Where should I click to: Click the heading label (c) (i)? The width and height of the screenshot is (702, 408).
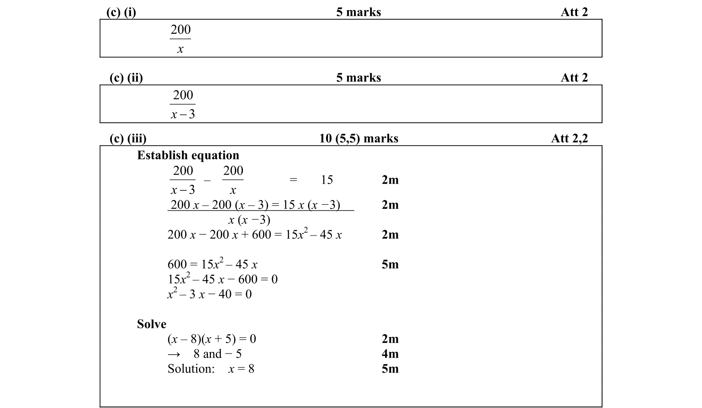pyautogui.click(x=121, y=12)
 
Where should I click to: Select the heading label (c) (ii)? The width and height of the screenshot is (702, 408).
pyautogui.click(x=126, y=78)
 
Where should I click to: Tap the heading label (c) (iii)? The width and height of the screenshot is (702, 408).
pyautogui.click(x=128, y=139)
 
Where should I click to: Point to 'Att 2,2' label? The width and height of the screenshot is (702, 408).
pyautogui.click(x=569, y=139)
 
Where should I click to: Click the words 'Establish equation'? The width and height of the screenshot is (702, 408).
pyautogui.click(x=188, y=155)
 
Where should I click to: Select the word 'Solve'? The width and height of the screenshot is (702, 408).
pyautogui.click(x=151, y=324)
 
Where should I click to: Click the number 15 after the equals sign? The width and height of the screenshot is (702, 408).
pyautogui.click(x=327, y=180)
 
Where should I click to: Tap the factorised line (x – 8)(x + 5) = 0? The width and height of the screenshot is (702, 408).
pyautogui.click(x=212, y=339)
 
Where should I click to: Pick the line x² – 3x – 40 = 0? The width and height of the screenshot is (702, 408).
pyautogui.click(x=209, y=294)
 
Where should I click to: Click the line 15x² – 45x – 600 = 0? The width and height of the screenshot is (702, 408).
pyautogui.click(x=223, y=279)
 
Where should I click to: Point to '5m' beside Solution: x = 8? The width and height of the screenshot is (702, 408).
pyautogui.click(x=390, y=369)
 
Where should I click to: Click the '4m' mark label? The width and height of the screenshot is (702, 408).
pyautogui.click(x=390, y=354)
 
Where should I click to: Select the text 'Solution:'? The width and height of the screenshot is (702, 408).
pyautogui.click(x=191, y=369)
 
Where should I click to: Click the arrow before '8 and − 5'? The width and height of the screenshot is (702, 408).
pyautogui.click(x=174, y=354)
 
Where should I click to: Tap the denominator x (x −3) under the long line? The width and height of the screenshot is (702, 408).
pyautogui.click(x=249, y=219)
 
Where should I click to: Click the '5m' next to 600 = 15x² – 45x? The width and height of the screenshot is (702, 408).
pyautogui.click(x=390, y=264)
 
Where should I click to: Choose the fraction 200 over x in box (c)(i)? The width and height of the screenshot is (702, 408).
pyautogui.click(x=181, y=39)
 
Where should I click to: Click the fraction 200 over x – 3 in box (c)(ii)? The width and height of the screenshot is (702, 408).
pyautogui.click(x=183, y=104)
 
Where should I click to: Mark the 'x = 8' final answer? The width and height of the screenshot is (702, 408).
pyautogui.click(x=241, y=369)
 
